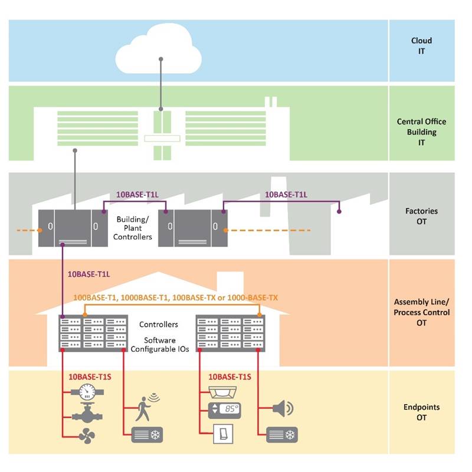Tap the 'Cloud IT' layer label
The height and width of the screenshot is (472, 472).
(x=421, y=45)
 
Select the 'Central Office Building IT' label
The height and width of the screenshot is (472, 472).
(x=421, y=132)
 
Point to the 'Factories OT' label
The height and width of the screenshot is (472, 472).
(x=421, y=216)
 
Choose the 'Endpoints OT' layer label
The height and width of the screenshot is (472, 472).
(x=421, y=412)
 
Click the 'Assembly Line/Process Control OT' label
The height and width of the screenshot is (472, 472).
(x=421, y=312)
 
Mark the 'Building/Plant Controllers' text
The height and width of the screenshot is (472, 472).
(x=134, y=228)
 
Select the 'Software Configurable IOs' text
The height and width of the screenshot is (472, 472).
(x=158, y=345)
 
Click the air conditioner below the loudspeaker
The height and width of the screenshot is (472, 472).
(x=282, y=435)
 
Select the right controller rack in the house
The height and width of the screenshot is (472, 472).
(x=231, y=333)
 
